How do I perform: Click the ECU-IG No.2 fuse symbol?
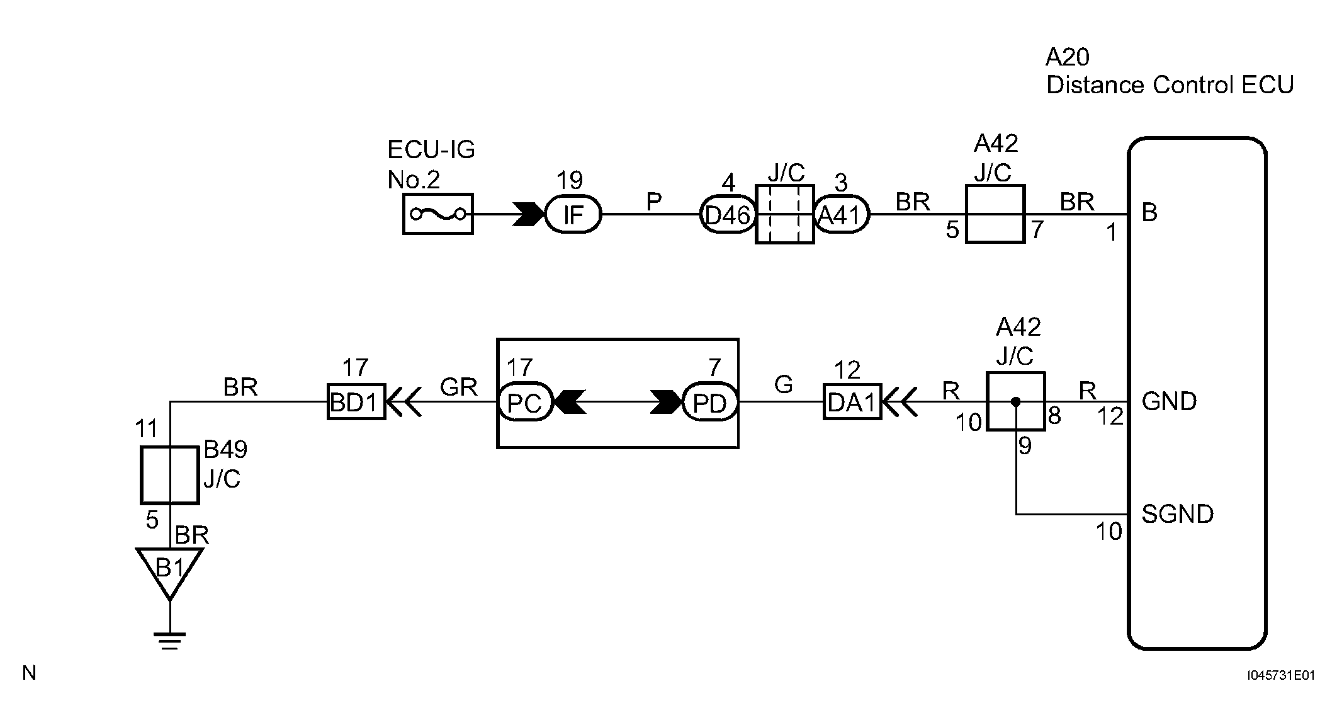click(438, 214)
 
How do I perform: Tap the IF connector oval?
click(573, 215)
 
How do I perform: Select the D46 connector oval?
click(727, 215)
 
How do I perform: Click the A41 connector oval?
click(842, 215)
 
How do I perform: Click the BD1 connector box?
click(356, 401)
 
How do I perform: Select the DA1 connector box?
click(852, 401)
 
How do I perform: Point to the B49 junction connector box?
click(170, 475)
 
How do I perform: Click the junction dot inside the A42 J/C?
click(1015, 401)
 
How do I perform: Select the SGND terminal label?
click(1177, 514)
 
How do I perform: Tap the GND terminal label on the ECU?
click(1169, 401)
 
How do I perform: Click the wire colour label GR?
click(459, 387)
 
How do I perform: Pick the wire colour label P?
click(654, 202)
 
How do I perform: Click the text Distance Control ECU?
click(1170, 84)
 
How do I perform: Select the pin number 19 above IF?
click(570, 181)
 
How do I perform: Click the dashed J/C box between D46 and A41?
click(784, 214)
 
